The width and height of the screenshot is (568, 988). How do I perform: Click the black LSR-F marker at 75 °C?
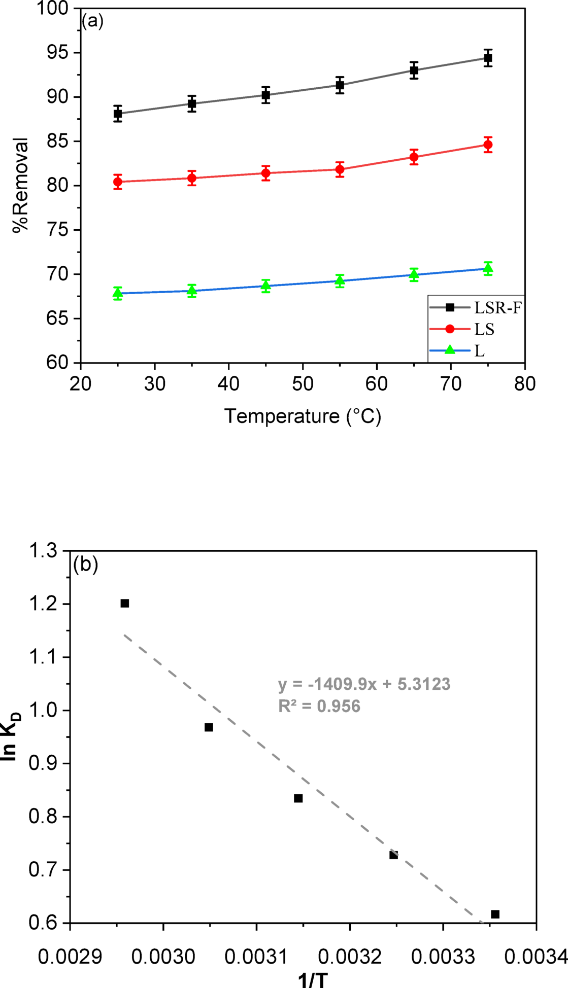click(x=488, y=58)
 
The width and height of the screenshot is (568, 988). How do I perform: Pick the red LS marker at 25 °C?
click(x=118, y=182)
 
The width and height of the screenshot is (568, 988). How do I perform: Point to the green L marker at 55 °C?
click(x=340, y=280)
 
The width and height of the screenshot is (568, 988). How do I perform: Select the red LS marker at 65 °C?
click(x=414, y=157)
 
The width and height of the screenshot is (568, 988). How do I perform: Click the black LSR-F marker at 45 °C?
click(x=266, y=95)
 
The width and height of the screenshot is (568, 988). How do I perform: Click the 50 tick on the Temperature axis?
click(x=303, y=384)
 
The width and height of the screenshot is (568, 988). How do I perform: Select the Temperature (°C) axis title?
click(x=303, y=416)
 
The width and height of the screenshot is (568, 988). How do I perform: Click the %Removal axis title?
click(x=21, y=185)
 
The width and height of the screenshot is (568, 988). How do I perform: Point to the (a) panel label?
click(x=92, y=21)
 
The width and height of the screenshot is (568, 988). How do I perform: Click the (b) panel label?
click(x=85, y=564)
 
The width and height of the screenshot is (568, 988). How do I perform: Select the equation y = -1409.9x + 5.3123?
click(x=364, y=684)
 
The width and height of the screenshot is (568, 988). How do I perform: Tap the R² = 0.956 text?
click(x=319, y=706)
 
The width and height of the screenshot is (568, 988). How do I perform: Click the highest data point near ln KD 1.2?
click(x=125, y=603)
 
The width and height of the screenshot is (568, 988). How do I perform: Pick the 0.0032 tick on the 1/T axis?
click(x=350, y=957)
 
